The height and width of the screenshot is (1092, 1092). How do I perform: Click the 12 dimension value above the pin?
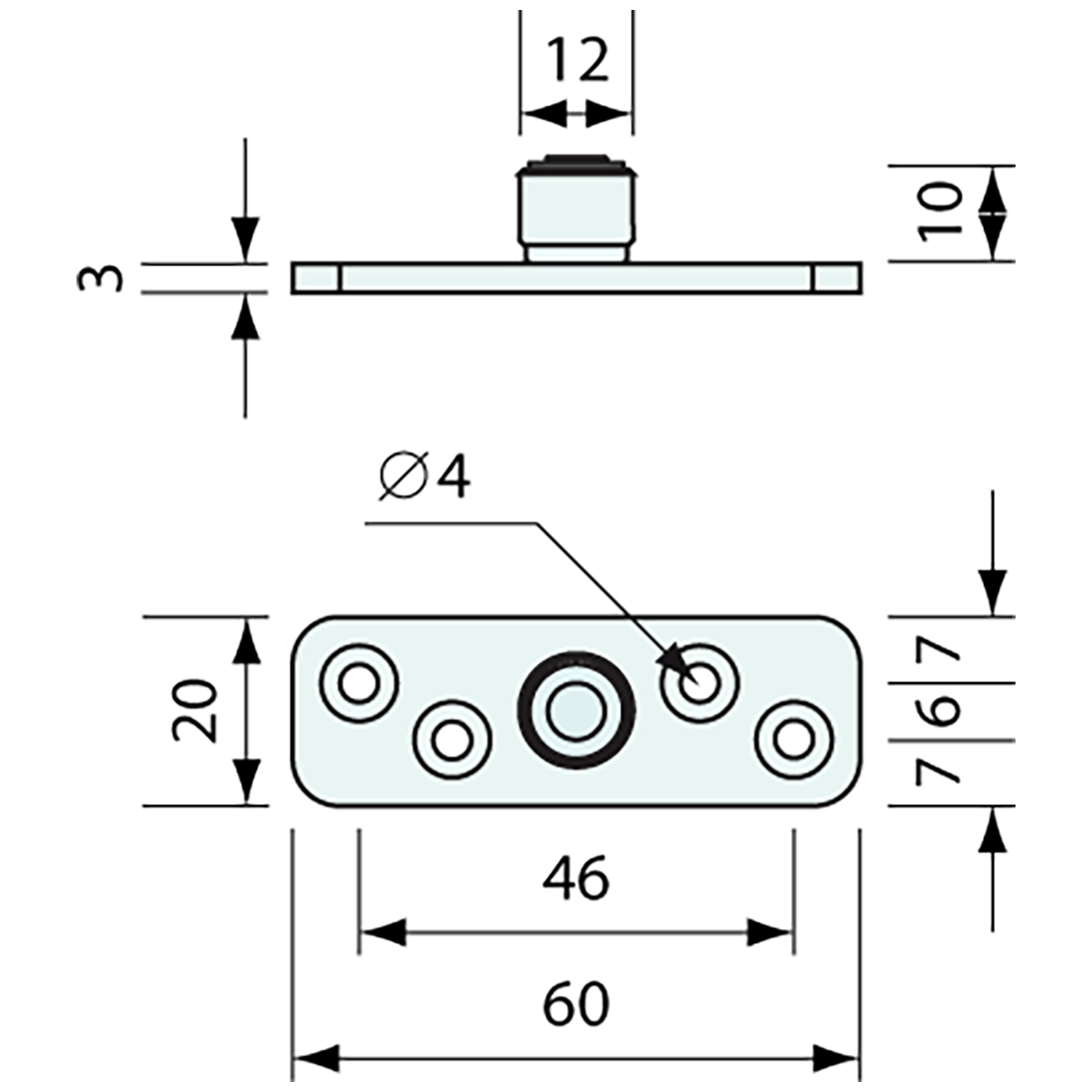577,62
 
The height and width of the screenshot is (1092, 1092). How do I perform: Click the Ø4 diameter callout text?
425,478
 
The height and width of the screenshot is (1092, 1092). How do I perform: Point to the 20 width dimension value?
196,711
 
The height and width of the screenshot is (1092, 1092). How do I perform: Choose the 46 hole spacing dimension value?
577,878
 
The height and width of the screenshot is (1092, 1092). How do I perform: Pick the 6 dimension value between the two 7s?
942,711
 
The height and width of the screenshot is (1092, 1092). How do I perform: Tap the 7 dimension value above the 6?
942,651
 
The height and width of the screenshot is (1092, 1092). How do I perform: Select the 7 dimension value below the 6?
942,771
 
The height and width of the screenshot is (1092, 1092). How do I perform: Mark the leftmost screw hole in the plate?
358,682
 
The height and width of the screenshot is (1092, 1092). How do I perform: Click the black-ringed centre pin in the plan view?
576,709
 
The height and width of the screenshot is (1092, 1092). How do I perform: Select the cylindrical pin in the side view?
576,208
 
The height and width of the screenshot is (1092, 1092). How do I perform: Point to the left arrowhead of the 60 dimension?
312,1059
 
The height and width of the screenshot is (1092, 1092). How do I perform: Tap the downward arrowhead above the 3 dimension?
245,238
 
